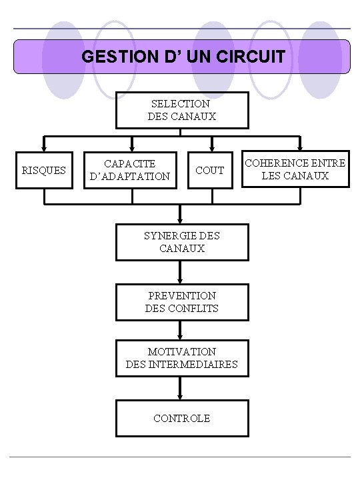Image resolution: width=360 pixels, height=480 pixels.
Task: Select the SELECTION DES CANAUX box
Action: pos(181,110)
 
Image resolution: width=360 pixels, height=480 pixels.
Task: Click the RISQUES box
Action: pos(44,170)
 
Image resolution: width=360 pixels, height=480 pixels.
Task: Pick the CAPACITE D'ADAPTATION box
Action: pos(130,170)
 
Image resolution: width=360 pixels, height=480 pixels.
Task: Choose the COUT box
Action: pos(210,170)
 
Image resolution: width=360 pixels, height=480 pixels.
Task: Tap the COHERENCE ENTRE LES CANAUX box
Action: pos(295,169)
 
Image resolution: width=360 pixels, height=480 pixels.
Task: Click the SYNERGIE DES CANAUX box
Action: pos(181,242)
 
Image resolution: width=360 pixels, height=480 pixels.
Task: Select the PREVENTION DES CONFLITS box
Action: pos(181,302)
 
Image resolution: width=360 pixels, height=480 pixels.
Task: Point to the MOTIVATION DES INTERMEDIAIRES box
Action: pos(181,358)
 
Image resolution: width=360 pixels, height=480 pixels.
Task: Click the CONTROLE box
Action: pos(181,418)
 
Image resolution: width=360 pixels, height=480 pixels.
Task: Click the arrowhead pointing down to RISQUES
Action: pos(44,147)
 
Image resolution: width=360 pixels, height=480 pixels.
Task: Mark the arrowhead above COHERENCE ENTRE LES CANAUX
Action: pos(299,146)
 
